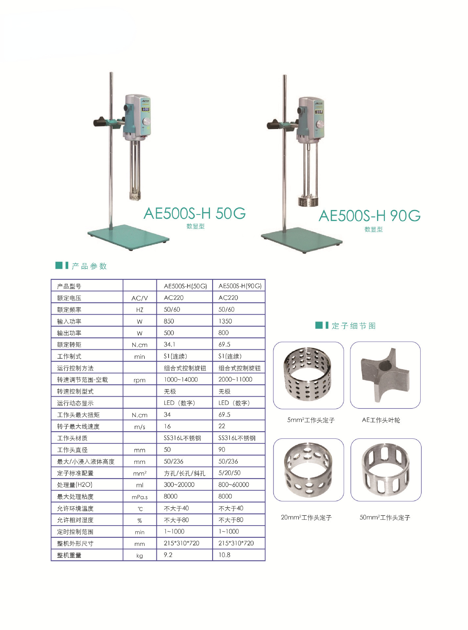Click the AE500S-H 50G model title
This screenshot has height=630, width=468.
[195, 214]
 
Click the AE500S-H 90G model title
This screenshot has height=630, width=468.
[369, 216]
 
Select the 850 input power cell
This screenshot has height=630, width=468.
[169, 321]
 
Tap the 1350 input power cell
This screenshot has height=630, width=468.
[225, 321]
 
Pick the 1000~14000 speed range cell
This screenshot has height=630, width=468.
[181, 380]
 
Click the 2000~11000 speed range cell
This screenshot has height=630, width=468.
[235, 380]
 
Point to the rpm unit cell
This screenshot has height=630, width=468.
[140, 380]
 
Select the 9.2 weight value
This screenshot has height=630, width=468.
[168, 555]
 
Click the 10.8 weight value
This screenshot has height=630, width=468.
[224, 555]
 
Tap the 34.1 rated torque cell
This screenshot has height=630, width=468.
[169, 345]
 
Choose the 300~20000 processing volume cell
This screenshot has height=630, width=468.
[179, 485]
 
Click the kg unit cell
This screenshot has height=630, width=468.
[140, 556]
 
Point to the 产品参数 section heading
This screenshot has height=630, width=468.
[89, 266]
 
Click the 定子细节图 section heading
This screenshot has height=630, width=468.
[353, 326]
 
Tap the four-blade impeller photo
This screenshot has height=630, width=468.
[385, 375]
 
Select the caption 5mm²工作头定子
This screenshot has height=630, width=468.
[311, 420]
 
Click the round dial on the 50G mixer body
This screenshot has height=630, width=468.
[146, 122]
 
